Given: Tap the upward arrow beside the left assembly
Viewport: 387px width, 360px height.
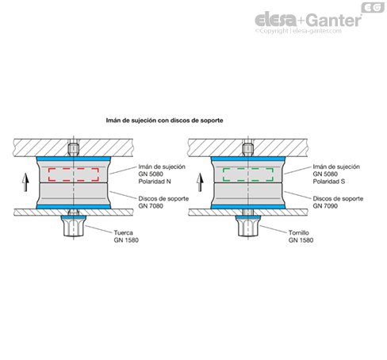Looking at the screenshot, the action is pos(25,182).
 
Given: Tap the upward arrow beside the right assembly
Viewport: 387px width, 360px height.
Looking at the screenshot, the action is pos(200,182).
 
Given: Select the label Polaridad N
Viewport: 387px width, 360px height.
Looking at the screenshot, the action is pos(155,182).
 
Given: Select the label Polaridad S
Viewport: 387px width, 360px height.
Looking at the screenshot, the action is pos(329,182).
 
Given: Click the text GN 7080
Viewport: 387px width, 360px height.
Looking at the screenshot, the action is pos(151,206).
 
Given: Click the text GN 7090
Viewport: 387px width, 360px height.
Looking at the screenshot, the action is pos(325,206).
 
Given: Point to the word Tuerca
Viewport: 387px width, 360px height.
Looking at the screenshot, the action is pos(123,232).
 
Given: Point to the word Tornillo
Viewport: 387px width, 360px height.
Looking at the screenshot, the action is pos(299,232).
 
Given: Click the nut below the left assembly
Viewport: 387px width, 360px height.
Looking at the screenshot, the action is pos(74,226).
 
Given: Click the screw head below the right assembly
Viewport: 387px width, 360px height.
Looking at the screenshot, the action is pos(248,226).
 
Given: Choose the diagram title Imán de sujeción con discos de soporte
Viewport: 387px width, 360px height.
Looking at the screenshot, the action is pos(164,121).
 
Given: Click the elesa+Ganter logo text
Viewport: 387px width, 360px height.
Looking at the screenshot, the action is pos(308,19).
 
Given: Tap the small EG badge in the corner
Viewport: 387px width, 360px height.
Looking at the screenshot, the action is pos(373,7).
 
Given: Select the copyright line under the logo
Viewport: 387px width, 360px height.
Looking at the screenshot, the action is pos(298,31).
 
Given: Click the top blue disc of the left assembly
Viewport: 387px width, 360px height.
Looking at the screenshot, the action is pos(74,159).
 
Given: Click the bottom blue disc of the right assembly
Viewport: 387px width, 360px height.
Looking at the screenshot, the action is pos(248,207).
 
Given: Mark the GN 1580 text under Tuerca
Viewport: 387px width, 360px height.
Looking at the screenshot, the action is pos(126,240).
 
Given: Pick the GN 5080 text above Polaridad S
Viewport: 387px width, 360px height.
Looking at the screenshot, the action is pos(325,174).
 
